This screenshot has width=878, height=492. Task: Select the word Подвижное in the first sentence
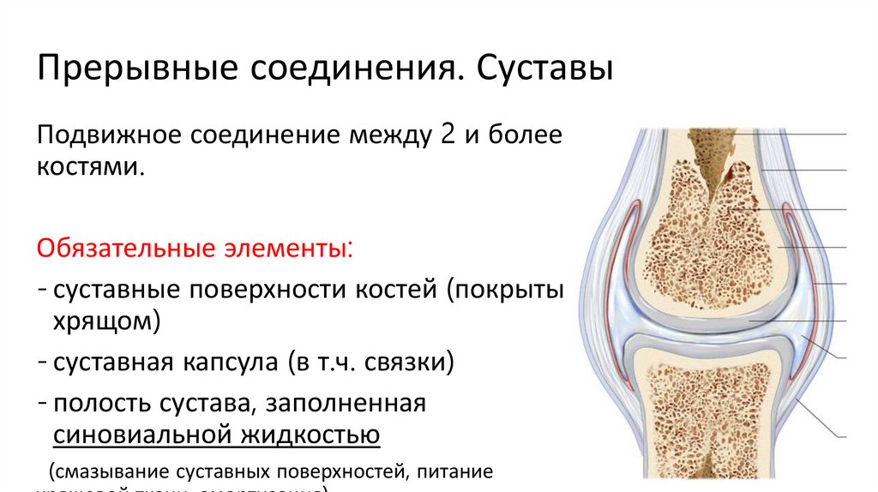tap(106, 136)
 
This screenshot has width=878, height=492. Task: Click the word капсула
tap(224, 362)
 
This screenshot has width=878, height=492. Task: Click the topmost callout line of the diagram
tap(802, 135)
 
